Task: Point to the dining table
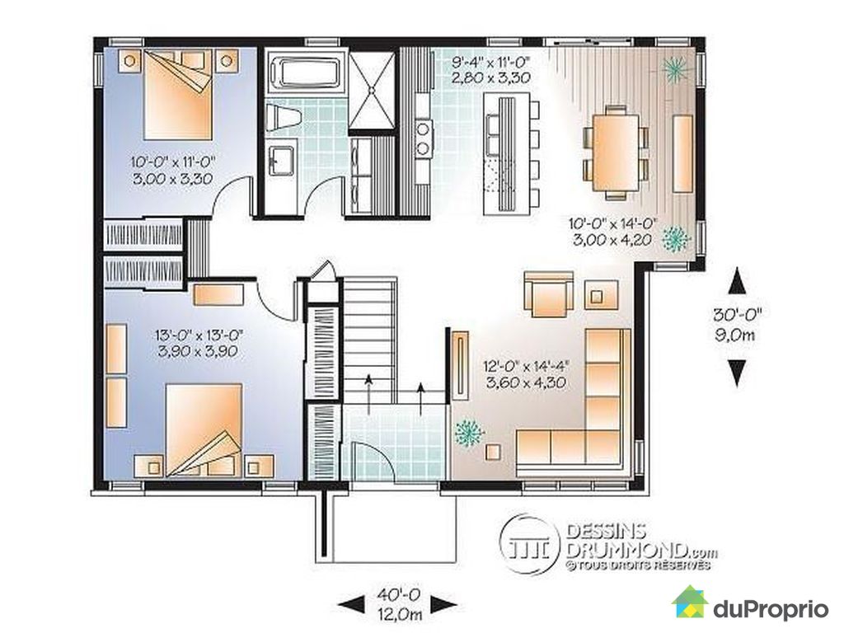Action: pos(614,152)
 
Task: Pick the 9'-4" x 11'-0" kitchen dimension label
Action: pos(490,70)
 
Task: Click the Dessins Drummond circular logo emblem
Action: pos(531,542)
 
